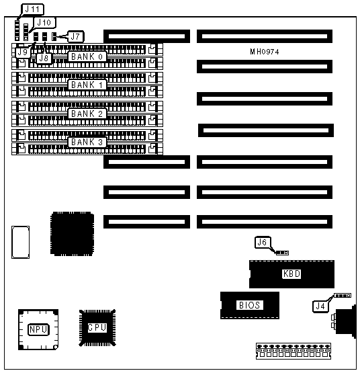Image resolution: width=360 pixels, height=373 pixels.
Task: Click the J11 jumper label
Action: [x=33, y=9]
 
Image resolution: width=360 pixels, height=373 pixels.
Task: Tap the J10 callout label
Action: [x=44, y=23]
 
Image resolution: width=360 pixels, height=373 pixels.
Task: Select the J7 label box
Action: [x=76, y=37]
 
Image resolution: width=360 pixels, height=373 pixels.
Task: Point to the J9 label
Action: [x=23, y=52]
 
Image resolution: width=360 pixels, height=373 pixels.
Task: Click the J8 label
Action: [x=44, y=58]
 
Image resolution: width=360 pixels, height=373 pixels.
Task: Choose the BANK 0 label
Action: [x=87, y=56]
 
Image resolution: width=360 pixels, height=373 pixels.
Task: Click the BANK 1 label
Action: [x=87, y=85]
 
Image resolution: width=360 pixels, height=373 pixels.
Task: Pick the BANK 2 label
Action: [x=87, y=114]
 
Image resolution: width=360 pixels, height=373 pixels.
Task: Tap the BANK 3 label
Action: [x=87, y=142]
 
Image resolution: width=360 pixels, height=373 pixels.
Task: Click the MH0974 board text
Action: [x=265, y=52]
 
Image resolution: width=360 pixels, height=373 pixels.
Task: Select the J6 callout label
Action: [x=263, y=243]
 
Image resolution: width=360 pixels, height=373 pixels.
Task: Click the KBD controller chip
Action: [x=291, y=274]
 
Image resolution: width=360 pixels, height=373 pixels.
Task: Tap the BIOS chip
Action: [x=250, y=305]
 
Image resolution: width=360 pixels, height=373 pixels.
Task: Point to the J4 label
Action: [x=320, y=306]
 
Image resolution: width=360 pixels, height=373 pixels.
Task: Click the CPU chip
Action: [x=97, y=328]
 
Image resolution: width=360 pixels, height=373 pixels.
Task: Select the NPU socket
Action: [x=38, y=330]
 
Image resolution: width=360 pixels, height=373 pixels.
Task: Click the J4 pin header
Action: [x=343, y=296]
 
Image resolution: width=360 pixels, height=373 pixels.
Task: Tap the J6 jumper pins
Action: [x=282, y=253]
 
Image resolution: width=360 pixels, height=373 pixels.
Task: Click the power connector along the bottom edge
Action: [x=294, y=351]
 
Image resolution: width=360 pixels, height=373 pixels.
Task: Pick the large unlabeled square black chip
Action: [x=72, y=234]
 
